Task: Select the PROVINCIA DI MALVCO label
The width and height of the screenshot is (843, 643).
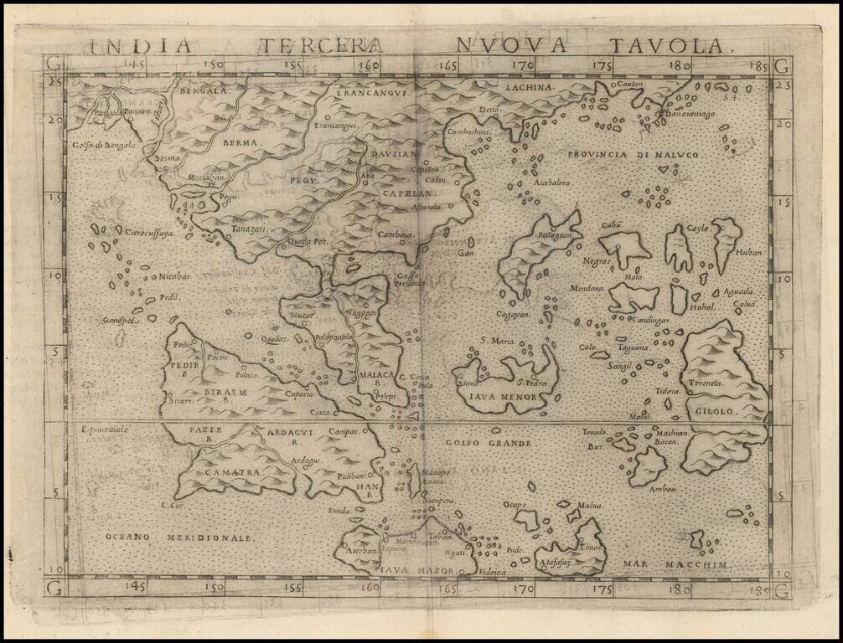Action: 638,156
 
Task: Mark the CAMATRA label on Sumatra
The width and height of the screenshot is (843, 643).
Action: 223,472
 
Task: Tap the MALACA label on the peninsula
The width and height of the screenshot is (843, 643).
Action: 377,376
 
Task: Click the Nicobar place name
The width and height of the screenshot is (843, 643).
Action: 174,276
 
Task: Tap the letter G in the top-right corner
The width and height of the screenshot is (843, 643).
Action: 782,64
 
